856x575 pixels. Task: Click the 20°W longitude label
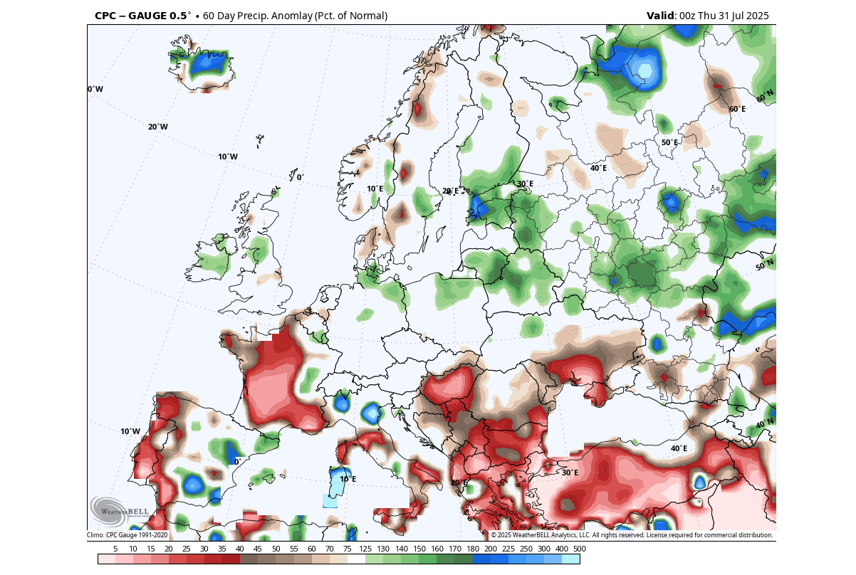tap(158, 127)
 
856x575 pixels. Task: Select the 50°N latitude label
tap(764, 265)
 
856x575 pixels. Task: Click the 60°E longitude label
tap(737, 109)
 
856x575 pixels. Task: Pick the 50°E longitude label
tap(669, 142)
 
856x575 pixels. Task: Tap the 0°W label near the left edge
tap(95, 89)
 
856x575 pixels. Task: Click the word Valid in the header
tap(661, 16)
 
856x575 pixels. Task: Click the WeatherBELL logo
tap(120, 511)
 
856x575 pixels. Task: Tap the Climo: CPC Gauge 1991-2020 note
tap(127, 535)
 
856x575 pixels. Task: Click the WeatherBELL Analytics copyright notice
tap(631, 535)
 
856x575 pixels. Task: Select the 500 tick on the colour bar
tap(580, 549)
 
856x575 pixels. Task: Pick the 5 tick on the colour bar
tap(115, 549)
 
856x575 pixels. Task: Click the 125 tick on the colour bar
tap(365, 549)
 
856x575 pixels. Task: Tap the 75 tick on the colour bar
tap(348, 549)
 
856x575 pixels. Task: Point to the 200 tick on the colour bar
tap(491, 549)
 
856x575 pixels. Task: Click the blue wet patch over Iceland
tap(208, 63)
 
